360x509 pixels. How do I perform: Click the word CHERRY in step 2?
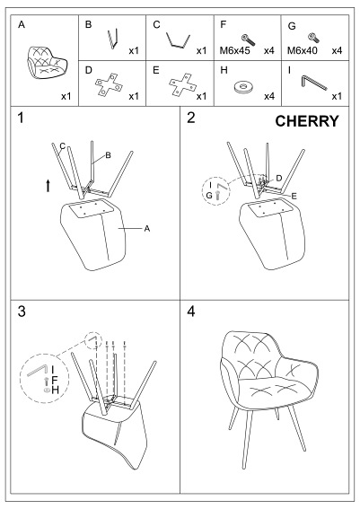[x=305, y=121]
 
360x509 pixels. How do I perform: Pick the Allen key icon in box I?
[x=313, y=83]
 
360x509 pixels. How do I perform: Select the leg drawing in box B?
[x=112, y=40]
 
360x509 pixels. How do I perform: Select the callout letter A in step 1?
[x=146, y=229]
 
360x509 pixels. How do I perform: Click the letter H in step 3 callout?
[x=56, y=391]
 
